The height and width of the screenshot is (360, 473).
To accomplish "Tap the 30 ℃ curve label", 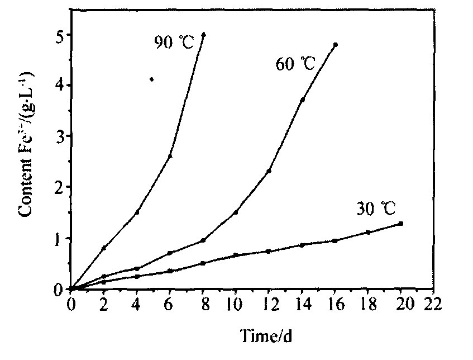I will pyautogui.click(x=376, y=210).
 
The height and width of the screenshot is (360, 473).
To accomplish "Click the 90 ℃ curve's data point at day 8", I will pyautogui.click(x=204, y=34).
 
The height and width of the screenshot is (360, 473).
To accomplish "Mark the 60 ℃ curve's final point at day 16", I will pyautogui.click(x=335, y=44).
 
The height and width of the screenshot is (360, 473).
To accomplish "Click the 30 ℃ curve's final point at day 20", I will pyautogui.click(x=401, y=224).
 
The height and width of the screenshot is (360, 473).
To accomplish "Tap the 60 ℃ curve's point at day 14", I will pyautogui.click(x=302, y=100).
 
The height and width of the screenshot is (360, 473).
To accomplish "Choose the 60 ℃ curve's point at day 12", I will pyautogui.click(x=269, y=171).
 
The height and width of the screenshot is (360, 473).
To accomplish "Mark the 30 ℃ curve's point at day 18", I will pyautogui.click(x=368, y=232).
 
